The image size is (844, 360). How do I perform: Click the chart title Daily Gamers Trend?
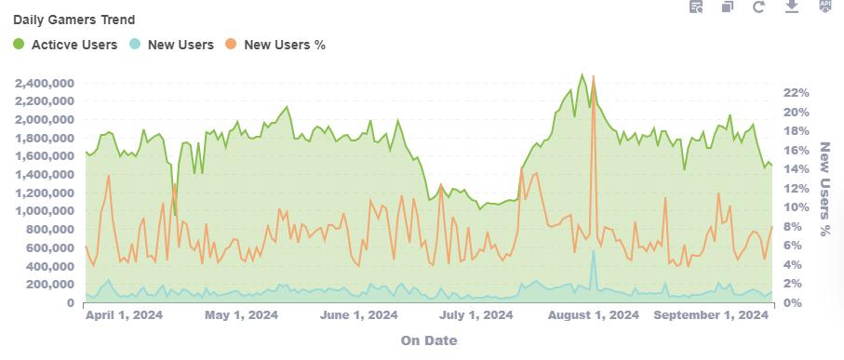74,20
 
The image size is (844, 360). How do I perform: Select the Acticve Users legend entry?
65,45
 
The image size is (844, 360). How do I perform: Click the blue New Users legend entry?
172,45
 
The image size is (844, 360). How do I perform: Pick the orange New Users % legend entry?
275,45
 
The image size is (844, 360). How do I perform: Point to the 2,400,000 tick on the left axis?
45,84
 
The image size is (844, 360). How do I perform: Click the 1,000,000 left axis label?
45,211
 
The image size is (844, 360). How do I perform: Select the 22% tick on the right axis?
797,92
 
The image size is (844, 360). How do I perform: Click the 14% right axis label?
797,169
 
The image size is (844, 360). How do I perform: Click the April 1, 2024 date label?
124,315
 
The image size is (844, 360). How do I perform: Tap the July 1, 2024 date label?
476,315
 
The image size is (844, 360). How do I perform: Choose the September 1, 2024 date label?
711,315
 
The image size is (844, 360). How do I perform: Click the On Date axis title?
429,340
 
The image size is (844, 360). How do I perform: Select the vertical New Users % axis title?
824,189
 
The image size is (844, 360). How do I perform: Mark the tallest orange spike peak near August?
593,76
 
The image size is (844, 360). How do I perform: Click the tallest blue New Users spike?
593,251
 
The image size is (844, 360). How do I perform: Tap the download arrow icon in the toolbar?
791,7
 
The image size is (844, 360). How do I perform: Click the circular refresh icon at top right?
759,7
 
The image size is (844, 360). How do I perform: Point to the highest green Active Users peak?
582,74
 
